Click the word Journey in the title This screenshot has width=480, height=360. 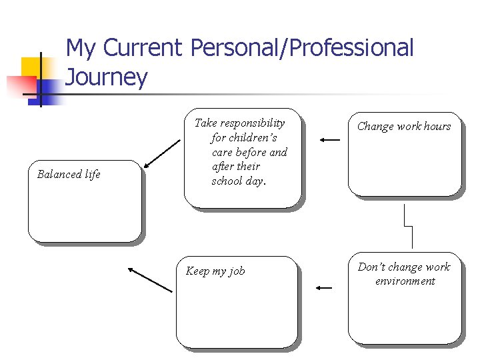(x=107, y=79)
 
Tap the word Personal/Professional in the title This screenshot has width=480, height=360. (x=301, y=48)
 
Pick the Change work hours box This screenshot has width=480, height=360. (x=404, y=154)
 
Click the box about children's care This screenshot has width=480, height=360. (x=242, y=158)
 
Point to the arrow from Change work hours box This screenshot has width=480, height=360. (x=329, y=140)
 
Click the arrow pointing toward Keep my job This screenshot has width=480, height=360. (x=324, y=287)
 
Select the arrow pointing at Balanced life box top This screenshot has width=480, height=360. (x=161, y=155)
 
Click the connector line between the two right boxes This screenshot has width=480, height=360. (x=409, y=226)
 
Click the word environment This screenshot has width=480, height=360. (x=405, y=281)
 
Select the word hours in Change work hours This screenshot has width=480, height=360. (x=437, y=127)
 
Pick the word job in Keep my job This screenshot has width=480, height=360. (x=237, y=271)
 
